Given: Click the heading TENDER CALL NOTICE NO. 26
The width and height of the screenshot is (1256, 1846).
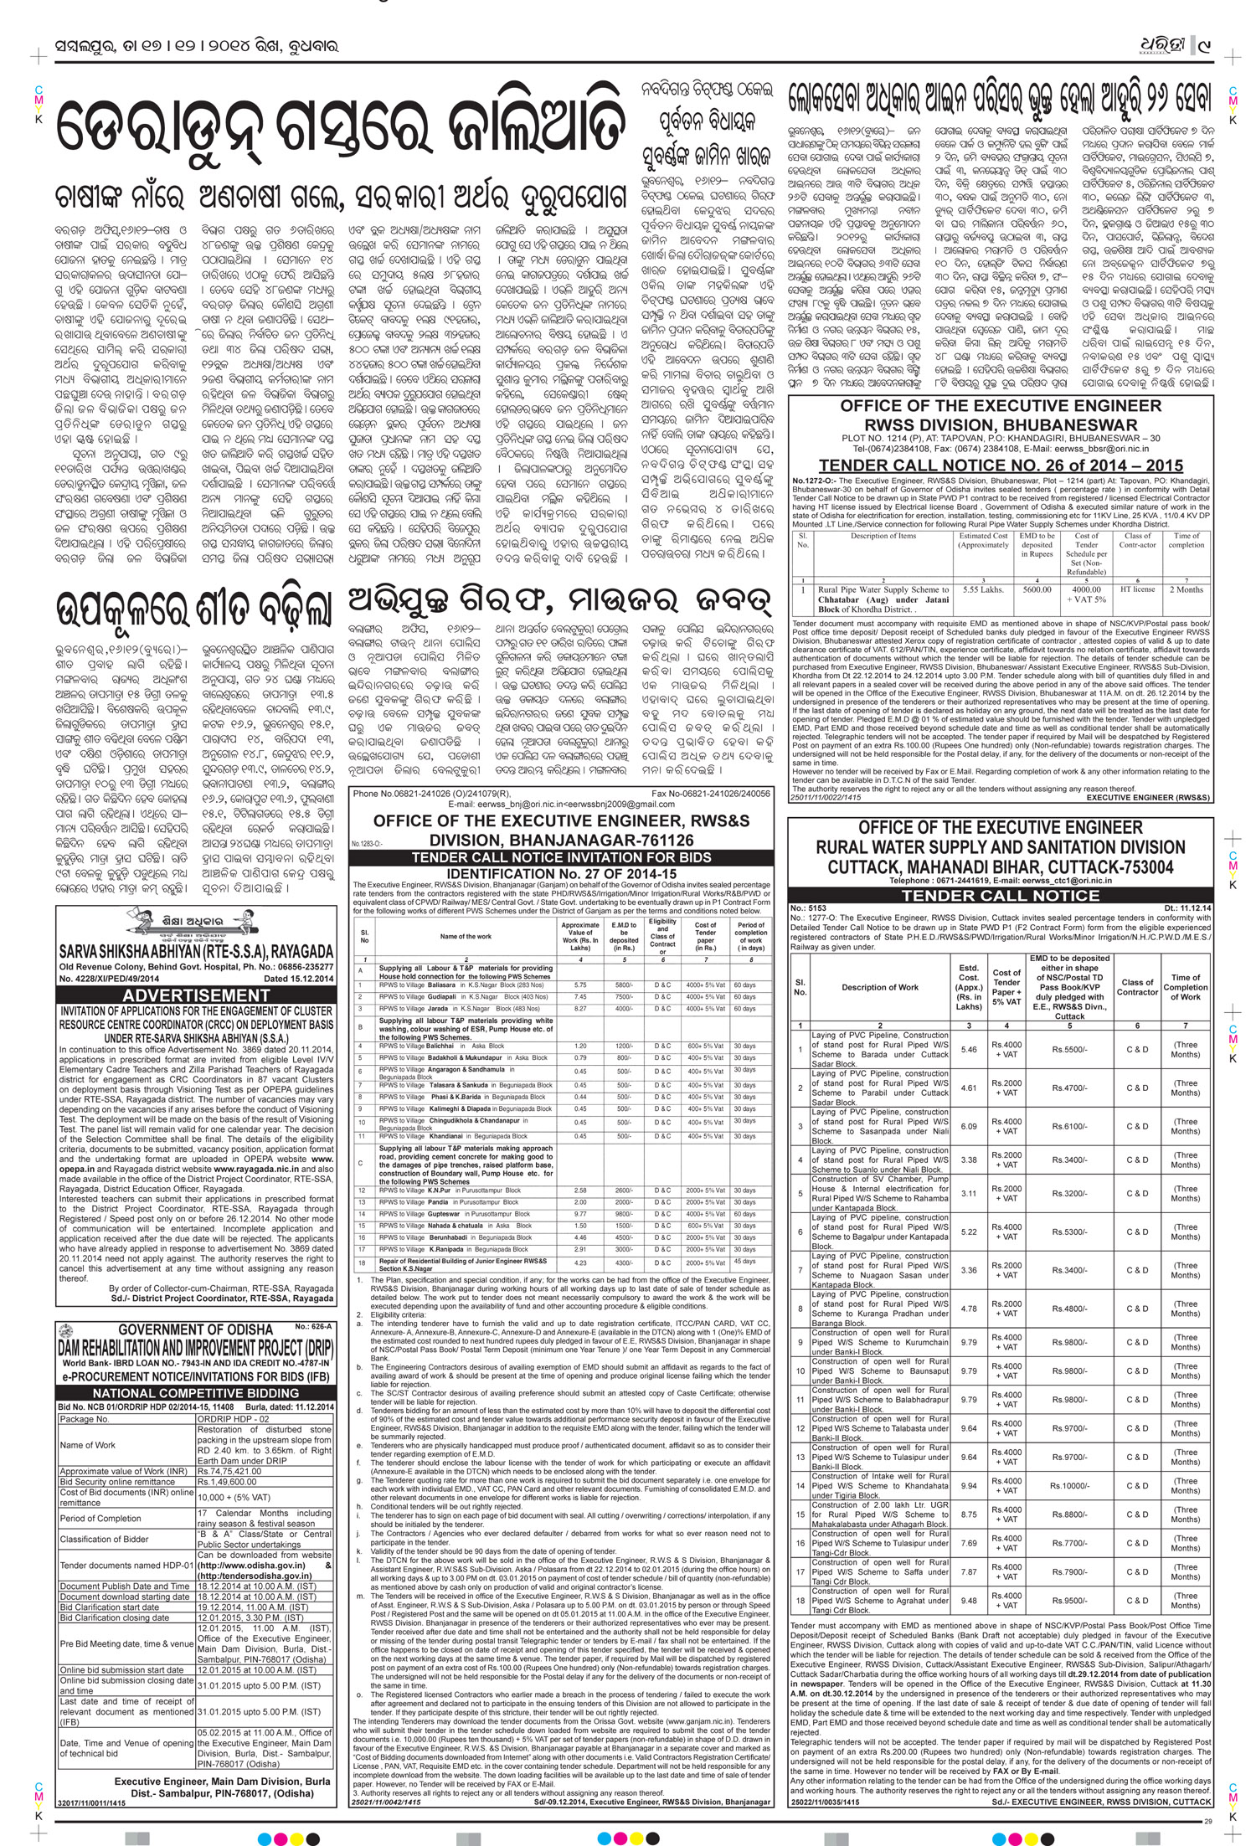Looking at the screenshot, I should [1001, 466].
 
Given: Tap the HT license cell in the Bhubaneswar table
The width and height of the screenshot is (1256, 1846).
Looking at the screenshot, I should [1137, 589].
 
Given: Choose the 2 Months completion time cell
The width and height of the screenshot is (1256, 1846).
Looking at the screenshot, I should [1187, 589].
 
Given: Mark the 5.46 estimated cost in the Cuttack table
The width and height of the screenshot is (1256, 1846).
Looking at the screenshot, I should [968, 1049].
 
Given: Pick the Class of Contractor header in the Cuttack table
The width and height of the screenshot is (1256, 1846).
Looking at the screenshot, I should [1137, 987].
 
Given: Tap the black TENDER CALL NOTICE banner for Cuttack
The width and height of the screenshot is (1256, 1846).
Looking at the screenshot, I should [1001, 895].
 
